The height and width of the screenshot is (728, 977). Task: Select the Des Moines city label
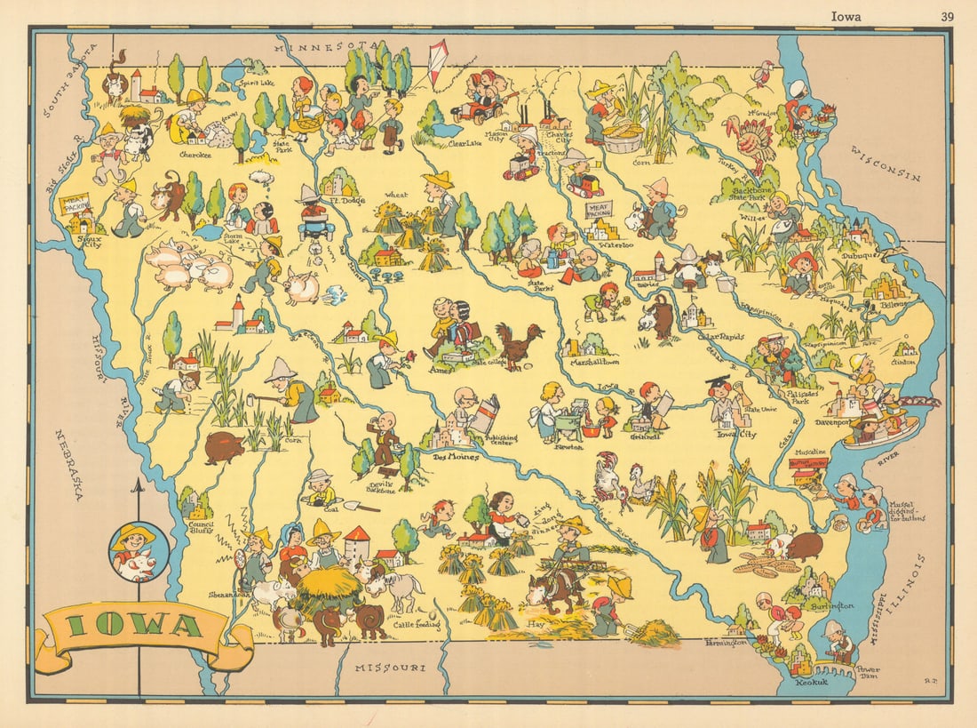click(455, 457)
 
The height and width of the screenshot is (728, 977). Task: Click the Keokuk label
click(808, 684)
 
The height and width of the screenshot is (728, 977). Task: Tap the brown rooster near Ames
click(520, 345)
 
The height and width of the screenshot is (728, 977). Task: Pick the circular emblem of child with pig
click(138, 551)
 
